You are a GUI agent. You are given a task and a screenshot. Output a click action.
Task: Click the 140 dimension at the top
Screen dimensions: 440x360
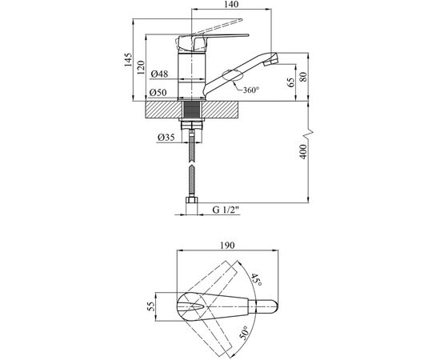(231, 4)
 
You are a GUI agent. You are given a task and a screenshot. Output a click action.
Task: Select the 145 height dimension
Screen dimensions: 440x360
(128, 59)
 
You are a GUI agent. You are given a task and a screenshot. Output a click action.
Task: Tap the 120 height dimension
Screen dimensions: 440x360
(141, 67)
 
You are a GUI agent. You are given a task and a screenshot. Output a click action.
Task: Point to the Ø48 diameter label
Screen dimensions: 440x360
(159, 74)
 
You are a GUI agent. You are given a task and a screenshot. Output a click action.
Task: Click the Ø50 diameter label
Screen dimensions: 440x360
(158, 92)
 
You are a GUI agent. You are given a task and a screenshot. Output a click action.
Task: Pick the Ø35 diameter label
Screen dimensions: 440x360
(166, 138)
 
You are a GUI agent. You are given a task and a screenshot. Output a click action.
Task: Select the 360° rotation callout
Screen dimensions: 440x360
(250, 90)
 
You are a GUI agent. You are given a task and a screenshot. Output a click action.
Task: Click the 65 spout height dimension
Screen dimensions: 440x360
(291, 82)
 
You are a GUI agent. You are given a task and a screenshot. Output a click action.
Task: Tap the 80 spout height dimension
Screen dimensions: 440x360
(304, 77)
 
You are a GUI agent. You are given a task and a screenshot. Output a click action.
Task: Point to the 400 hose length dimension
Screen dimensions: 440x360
(304, 152)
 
